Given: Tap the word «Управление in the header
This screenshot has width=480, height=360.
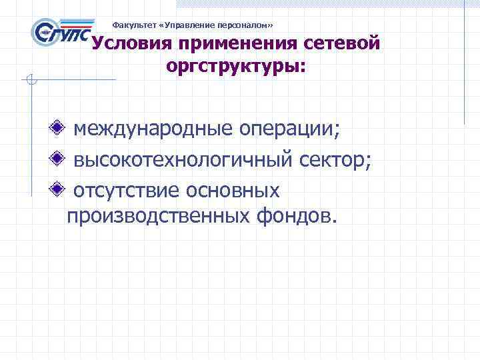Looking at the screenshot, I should coord(186,25).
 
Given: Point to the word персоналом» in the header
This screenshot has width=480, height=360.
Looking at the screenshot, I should coord(249,25).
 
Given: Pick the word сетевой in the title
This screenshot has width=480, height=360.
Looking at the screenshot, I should coord(342,44).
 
